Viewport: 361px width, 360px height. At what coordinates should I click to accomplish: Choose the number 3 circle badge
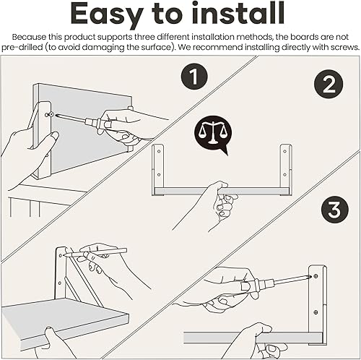(334, 212)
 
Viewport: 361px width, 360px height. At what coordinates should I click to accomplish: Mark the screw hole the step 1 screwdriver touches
(48, 113)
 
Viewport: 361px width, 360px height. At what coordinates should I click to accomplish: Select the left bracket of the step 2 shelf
(157, 169)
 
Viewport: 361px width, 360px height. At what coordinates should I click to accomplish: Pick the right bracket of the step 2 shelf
(287, 169)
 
